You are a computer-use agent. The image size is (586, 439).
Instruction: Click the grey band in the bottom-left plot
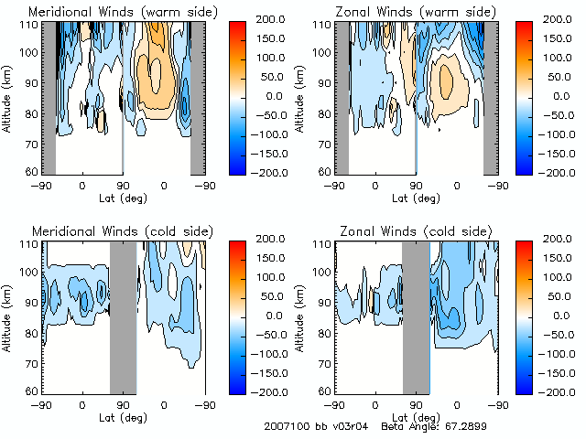[x=123, y=316]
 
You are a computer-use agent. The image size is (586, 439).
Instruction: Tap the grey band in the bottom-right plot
[x=416, y=316]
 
